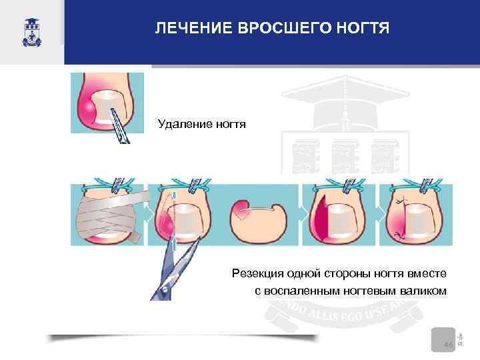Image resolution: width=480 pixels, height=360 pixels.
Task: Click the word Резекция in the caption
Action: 255,273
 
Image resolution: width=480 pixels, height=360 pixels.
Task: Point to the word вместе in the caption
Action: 430,273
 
